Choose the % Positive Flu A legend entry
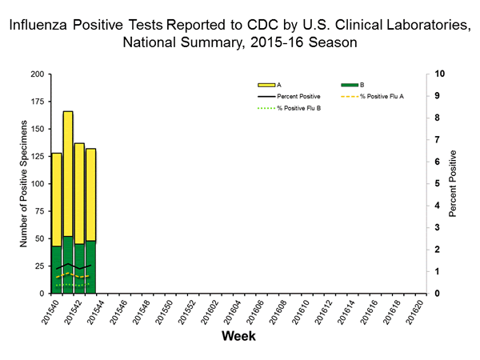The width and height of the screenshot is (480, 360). tap(383, 95)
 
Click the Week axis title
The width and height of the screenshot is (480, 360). tap(238, 336)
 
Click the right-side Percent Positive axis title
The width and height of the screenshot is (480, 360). tap(453, 183)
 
